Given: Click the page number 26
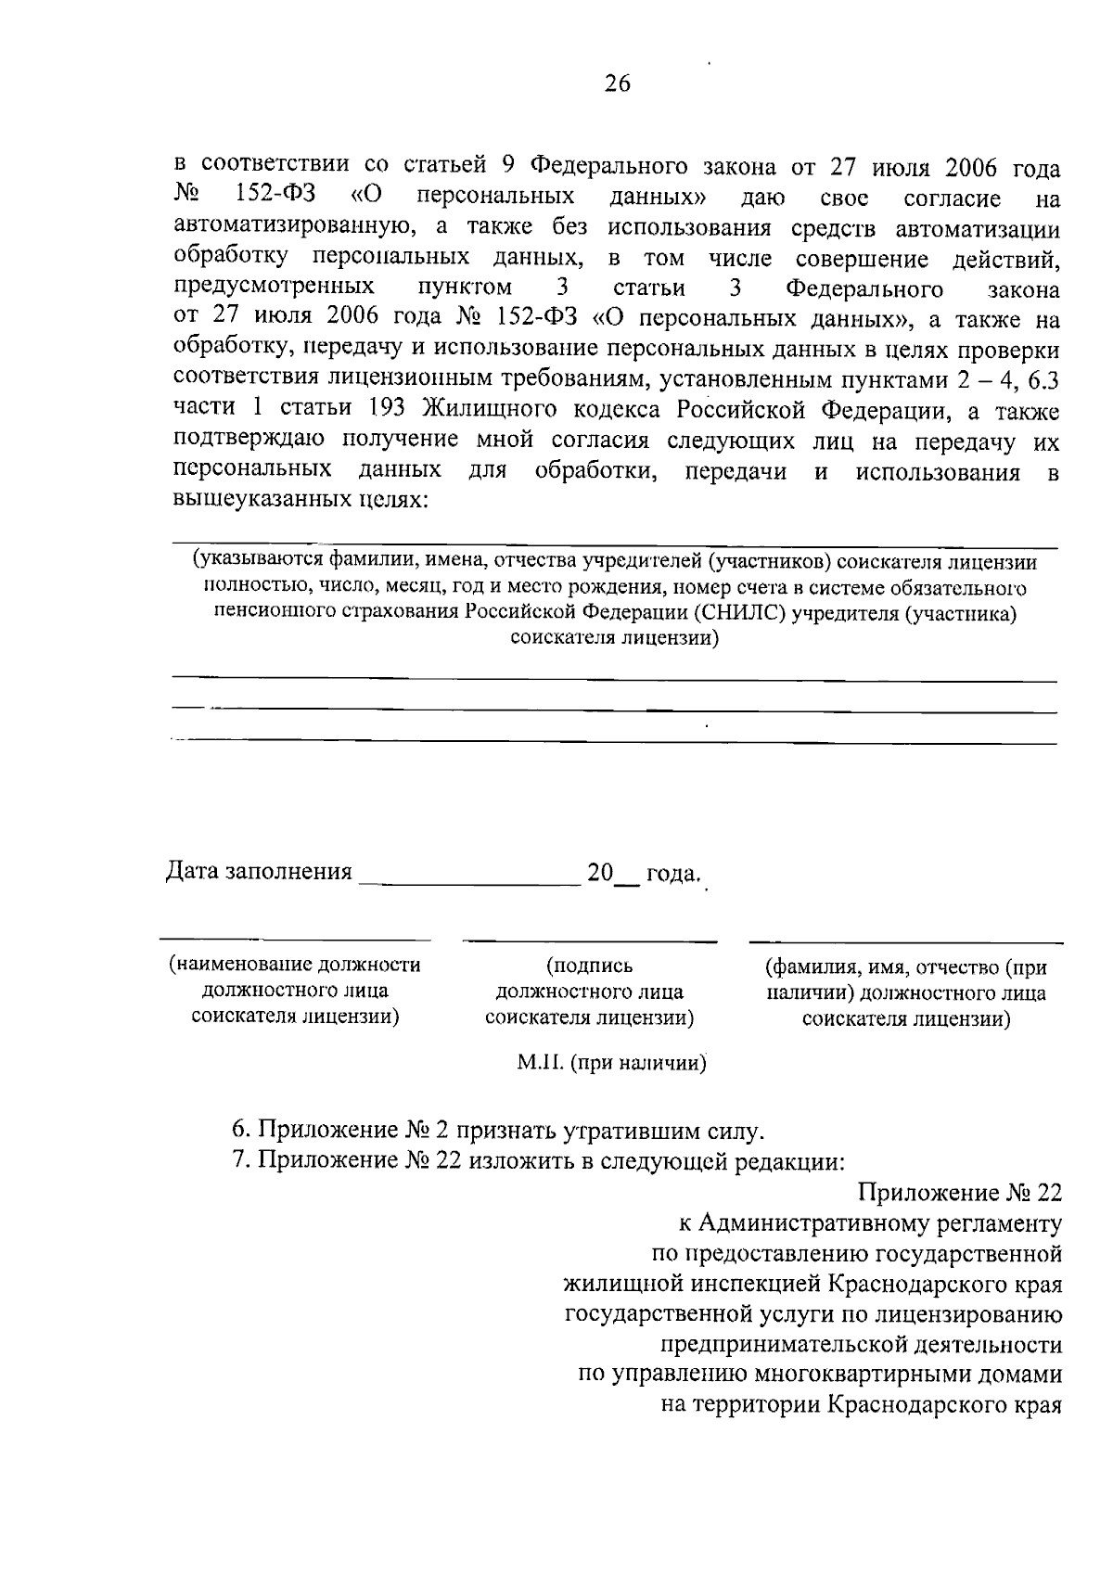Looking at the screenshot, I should pos(617,84).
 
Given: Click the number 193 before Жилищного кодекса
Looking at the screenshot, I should pos(387,409).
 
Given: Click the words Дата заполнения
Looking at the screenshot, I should pos(259,872).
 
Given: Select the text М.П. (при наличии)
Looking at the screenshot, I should pos(611,1063).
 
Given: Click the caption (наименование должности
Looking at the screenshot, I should pos(295,965).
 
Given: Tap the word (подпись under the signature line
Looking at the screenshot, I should pos(590,966).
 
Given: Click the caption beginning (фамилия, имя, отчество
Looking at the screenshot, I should pos(905,968).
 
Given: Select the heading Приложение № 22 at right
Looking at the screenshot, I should pos(959,1193).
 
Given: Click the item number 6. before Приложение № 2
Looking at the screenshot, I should pos(241,1131).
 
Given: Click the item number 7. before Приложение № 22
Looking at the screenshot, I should pos(241,1161).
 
